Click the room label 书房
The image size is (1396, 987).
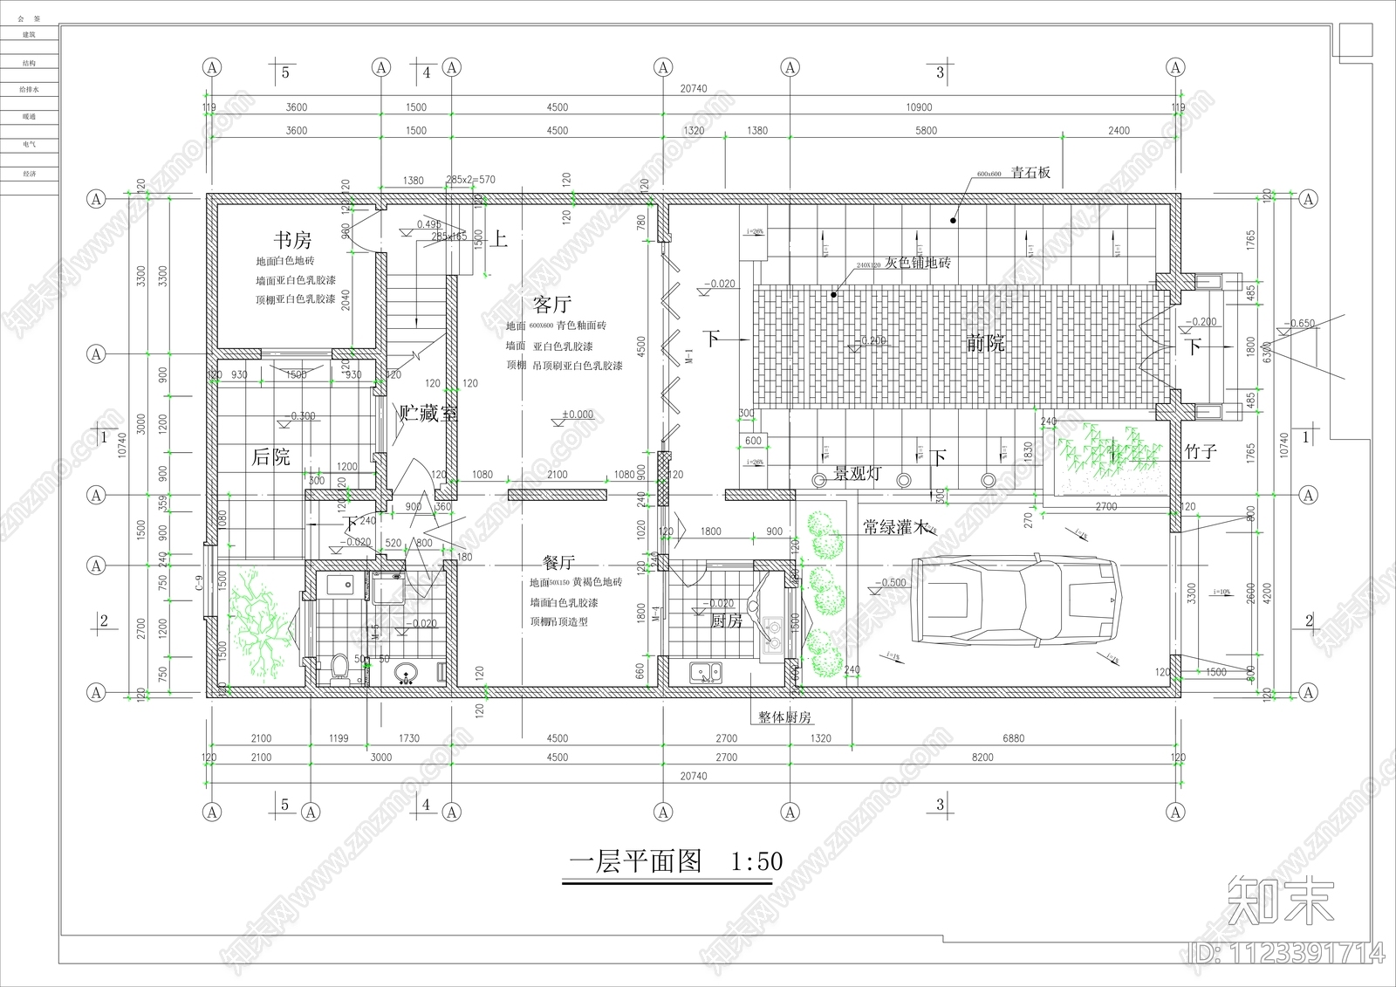pyautogui.click(x=291, y=240)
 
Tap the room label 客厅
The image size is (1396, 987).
pyautogui.click(x=551, y=305)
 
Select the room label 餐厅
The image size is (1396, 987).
pyautogui.click(x=558, y=563)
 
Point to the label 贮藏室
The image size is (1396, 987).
pyautogui.click(x=428, y=414)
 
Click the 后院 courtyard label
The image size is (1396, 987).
pyautogui.click(x=270, y=456)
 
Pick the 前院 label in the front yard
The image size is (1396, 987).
pyautogui.click(x=985, y=343)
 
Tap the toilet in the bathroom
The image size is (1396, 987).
pyautogui.click(x=341, y=668)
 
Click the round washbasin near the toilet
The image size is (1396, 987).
pyautogui.click(x=406, y=673)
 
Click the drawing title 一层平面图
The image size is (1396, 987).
pyautogui.click(x=635, y=862)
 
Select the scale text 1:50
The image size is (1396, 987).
pyautogui.click(x=756, y=862)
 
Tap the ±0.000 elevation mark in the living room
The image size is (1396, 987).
pyautogui.click(x=577, y=415)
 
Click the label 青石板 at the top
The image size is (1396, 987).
pyautogui.click(x=1030, y=173)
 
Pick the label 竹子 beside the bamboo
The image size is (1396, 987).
pyautogui.click(x=1201, y=452)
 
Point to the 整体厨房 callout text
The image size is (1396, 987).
pyautogui.click(x=784, y=717)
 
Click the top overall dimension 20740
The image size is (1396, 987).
pyautogui.click(x=693, y=89)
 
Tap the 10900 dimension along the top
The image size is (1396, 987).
pyautogui.click(x=919, y=107)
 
